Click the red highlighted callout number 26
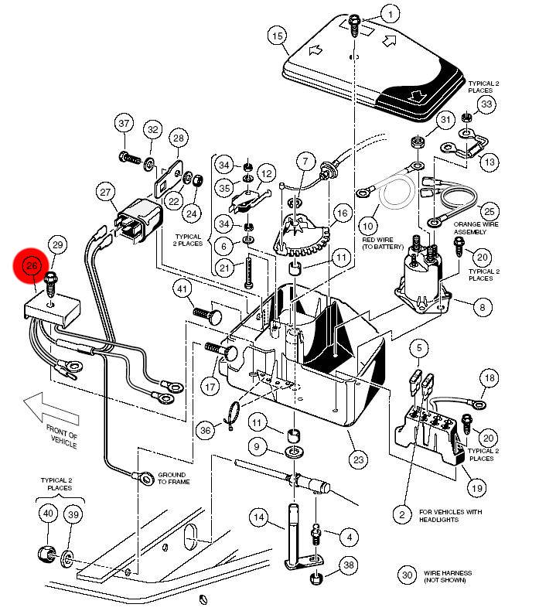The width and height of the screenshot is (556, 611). click(32, 267)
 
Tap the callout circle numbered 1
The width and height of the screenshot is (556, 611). click(391, 15)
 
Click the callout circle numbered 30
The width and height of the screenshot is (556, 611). click(408, 575)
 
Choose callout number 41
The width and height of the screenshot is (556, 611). click(181, 290)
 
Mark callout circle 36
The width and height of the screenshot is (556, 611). click(205, 429)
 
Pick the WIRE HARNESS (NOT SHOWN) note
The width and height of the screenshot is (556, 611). click(447, 577)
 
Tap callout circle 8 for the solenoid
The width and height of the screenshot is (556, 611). click(482, 307)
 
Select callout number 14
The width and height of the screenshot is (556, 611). click(258, 517)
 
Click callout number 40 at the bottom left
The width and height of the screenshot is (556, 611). click(48, 514)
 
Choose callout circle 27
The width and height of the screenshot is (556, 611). click(106, 192)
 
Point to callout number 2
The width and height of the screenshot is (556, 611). click(401, 514)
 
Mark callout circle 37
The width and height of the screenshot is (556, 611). click(125, 124)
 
